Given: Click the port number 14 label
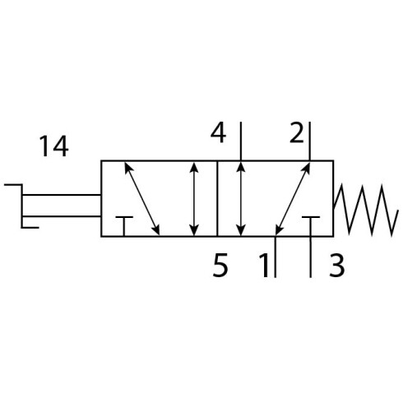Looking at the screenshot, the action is [54, 146].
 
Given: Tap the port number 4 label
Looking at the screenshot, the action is [218, 133].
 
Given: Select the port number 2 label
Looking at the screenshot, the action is [297, 133].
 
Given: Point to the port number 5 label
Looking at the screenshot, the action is [220, 265].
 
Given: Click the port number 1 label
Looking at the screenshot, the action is [264, 265].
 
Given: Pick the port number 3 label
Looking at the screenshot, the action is [336, 265].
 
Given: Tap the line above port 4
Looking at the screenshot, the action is [241, 141].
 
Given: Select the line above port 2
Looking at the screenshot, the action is [310, 141].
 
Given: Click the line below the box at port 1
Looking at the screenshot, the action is [276, 257].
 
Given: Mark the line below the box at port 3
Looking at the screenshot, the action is [311, 257].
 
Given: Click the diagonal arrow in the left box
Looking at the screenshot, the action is [142, 199].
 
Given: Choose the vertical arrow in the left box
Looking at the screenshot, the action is [194, 199].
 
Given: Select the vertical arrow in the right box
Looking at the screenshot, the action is [241, 199].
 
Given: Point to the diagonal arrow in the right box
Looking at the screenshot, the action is [293, 199].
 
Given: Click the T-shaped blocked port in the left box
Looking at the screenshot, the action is [124, 226].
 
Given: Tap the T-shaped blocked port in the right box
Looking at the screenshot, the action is [311, 226].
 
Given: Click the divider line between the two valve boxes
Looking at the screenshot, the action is [217, 198].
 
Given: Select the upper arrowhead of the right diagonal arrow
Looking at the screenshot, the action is [307, 168].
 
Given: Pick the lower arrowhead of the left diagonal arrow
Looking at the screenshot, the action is [156, 229].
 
